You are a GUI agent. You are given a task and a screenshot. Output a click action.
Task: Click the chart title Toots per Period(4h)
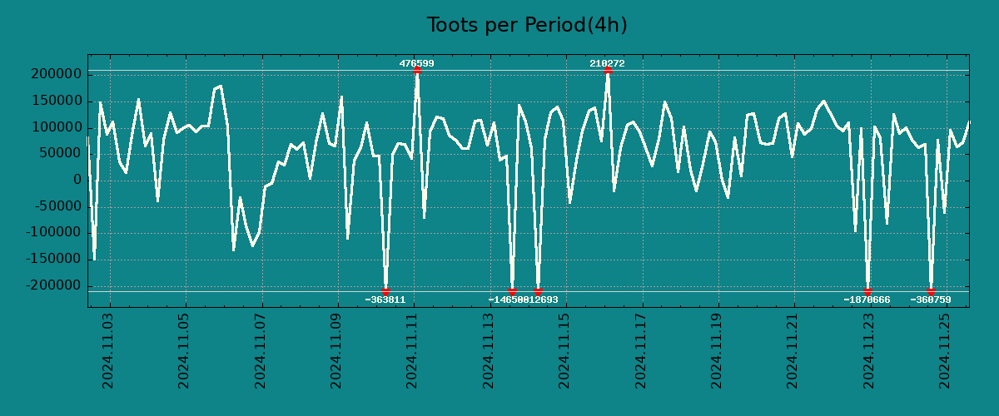[x=526, y=26]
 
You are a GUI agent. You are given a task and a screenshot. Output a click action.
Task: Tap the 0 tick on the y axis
[x=77, y=180]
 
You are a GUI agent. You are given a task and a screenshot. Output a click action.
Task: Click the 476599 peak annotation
[x=416, y=63]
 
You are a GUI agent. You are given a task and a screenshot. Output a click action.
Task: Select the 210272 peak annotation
[x=607, y=63]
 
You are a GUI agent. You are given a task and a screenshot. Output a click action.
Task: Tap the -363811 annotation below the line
[x=385, y=300]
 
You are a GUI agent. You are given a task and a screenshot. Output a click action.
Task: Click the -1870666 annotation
[x=867, y=300]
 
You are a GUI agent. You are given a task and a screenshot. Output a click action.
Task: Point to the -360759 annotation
[x=930, y=300]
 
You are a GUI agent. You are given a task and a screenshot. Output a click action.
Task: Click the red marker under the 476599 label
[x=416, y=71]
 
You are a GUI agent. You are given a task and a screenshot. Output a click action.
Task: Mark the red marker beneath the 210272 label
[x=608, y=71]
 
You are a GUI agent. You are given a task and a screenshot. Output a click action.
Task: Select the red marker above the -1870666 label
[x=867, y=291]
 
